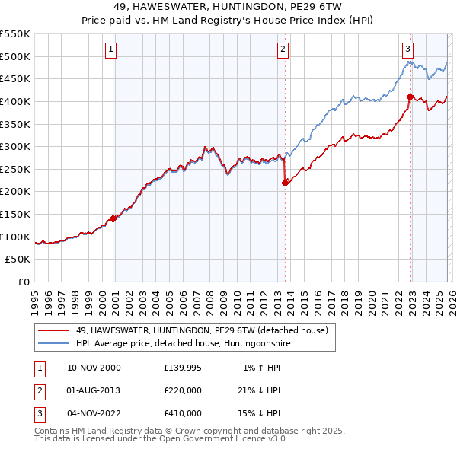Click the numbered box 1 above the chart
pyautogui.click(x=110, y=49)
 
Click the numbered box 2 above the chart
pyautogui.click(x=283, y=49)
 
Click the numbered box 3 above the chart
pyautogui.click(x=407, y=49)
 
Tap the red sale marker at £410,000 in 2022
pyautogui.click(x=410, y=97)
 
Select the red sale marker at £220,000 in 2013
pyautogui.click(x=285, y=183)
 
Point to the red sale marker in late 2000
pyautogui.click(x=113, y=218)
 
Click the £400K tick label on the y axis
pyautogui.click(x=15, y=101)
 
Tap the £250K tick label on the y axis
pyautogui.click(x=15, y=169)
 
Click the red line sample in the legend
pyautogui.click(x=53, y=331)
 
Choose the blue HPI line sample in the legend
pyautogui.click(x=53, y=344)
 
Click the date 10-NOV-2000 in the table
pyautogui.click(x=94, y=368)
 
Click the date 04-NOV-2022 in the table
pyautogui.click(x=94, y=413)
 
